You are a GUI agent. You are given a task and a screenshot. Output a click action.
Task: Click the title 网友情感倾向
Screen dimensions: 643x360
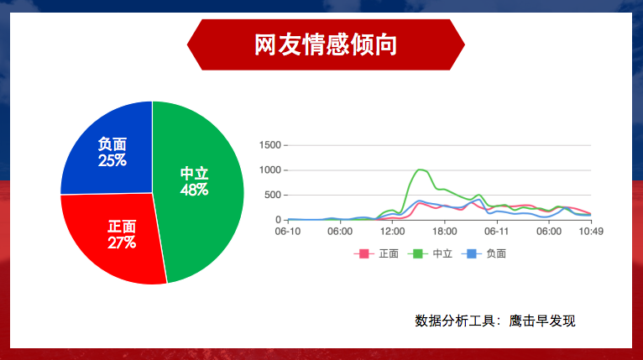click(x=326, y=44)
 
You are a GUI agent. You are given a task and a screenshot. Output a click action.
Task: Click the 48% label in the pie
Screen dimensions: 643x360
click(x=195, y=190)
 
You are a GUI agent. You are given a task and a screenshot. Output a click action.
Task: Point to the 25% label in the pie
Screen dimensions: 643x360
click(x=112, y=160)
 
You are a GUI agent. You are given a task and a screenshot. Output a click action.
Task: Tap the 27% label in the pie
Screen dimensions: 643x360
click(x=122, y=243)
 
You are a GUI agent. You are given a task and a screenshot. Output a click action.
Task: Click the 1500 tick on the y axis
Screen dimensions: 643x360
click(x=269, y=145)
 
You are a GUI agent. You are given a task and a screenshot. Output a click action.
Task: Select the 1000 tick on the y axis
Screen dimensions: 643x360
click(x=269, y=170)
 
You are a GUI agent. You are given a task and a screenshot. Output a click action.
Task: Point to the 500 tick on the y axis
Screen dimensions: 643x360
click(x=273, y=196)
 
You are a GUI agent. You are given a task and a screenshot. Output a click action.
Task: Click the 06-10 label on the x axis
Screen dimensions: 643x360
click(x=287, y=232)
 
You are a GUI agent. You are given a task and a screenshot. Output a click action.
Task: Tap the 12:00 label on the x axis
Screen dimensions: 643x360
click(x=393, y=232)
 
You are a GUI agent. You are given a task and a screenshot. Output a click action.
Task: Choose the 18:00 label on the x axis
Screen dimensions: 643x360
click(x=445, y=232)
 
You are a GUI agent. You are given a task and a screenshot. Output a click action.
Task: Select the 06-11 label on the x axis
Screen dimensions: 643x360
click(x=497, y=232)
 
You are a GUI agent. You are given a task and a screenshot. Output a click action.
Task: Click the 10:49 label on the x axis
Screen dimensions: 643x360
click(x=591, y=232)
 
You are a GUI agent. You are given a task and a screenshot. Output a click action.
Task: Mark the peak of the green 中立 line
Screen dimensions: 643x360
click(x=419, y=170)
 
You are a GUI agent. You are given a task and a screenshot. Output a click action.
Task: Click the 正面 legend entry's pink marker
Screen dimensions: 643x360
click(x=363, y=253)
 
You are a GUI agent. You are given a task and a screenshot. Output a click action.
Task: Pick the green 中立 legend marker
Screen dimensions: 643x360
click(x=417, y=253)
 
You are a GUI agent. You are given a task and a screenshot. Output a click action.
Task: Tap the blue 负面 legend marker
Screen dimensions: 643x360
click(x=471, y=253)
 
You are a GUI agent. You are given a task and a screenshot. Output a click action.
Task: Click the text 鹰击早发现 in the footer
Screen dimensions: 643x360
click(x=542, y=321)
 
